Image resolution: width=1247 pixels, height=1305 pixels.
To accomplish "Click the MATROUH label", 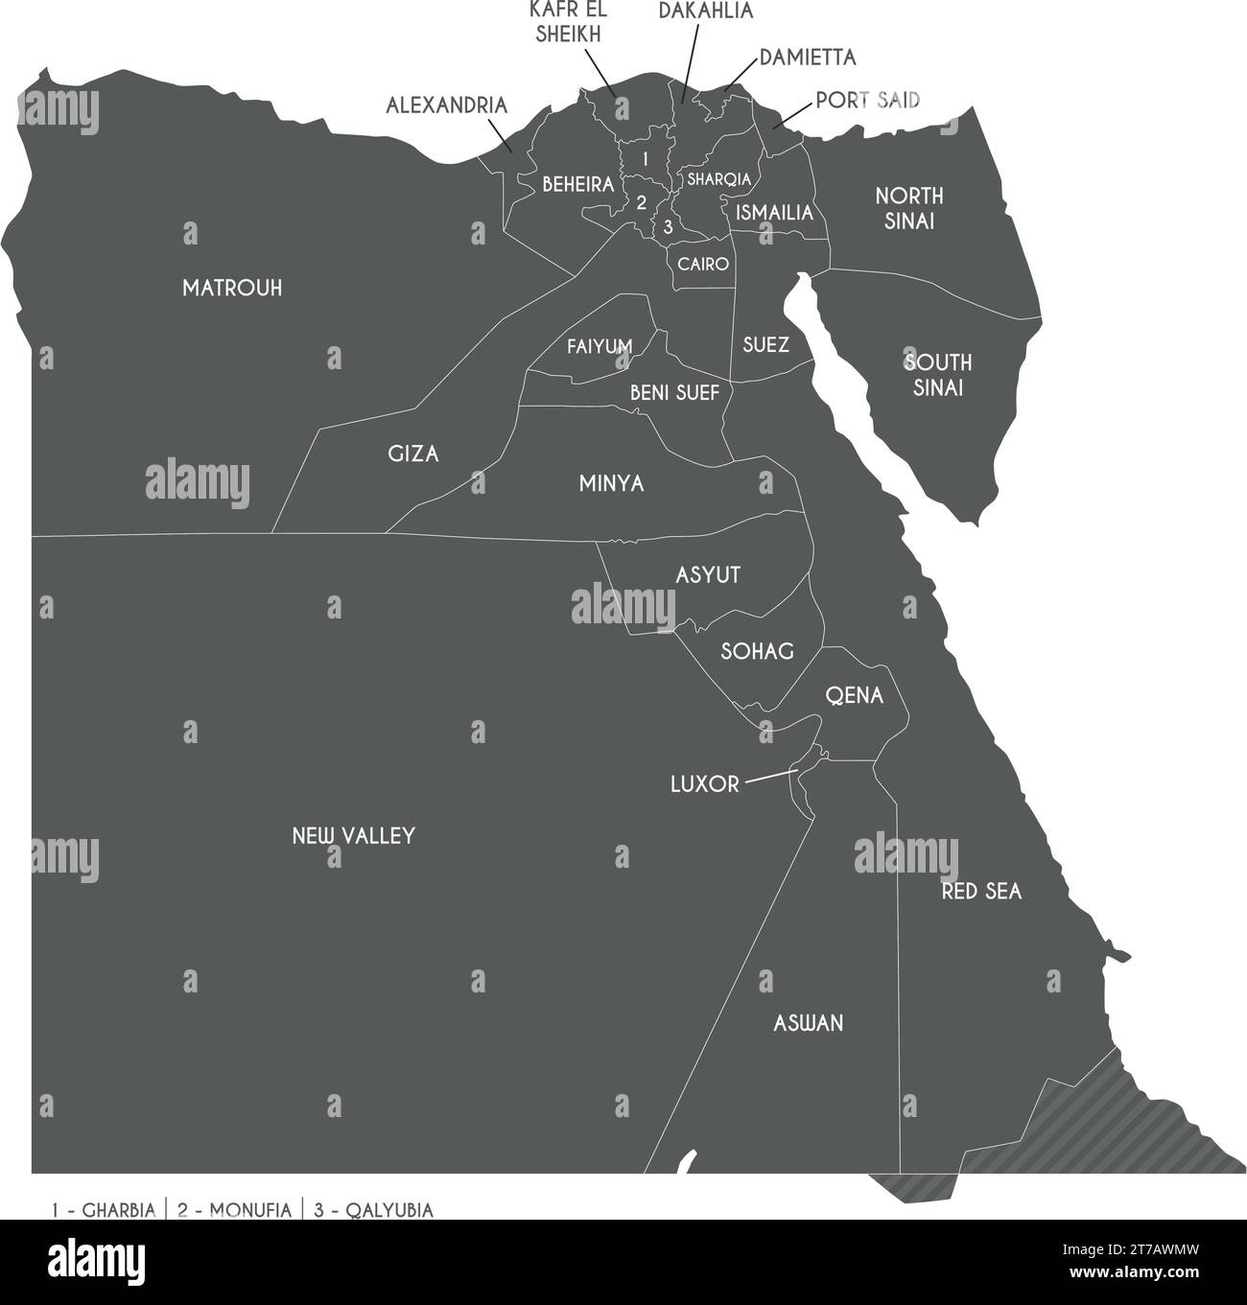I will click(232, 289).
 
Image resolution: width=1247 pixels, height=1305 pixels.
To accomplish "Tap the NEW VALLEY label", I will click(353, 836).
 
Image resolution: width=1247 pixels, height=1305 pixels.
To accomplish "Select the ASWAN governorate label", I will click(809, 1023).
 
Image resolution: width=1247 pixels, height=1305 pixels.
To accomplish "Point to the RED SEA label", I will click(981, 892).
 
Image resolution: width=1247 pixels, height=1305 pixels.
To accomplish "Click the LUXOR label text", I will click(704, 784).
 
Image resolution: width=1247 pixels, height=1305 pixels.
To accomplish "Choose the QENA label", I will click(854, 696).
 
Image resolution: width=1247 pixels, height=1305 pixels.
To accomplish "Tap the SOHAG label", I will click(757, 652).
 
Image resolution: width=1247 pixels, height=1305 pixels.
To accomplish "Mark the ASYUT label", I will click(708, 575).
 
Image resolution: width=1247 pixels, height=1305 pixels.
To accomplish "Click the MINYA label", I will click(611, 484).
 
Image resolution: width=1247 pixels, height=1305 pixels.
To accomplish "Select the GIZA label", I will click(413, 454).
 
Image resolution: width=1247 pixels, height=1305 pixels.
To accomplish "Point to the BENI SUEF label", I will click(674, 392).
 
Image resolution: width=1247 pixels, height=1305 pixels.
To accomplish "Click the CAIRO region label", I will click(703, 264).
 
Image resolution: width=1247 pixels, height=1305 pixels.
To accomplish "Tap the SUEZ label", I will click(765, 345).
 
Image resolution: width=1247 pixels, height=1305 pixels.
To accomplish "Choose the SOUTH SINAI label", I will click(937, 375).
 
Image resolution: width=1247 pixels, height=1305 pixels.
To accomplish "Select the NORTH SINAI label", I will click(909, 208).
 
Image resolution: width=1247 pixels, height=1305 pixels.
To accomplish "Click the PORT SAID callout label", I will click(868, 100).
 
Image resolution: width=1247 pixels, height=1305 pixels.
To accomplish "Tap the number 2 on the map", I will click(642, 202).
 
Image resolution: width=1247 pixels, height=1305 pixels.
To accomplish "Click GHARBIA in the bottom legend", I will click(118, 1210).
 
